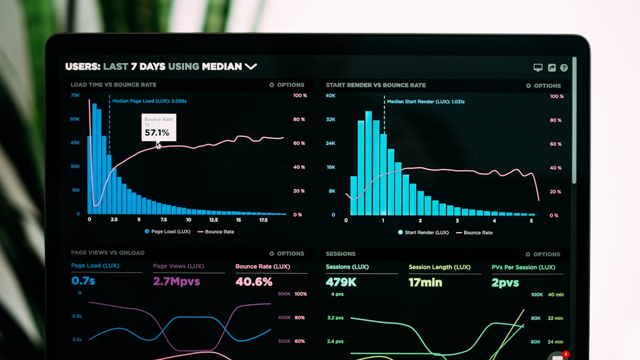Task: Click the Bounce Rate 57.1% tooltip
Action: [158, 128]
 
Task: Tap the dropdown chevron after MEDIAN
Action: [251, 67]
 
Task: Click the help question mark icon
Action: [564, 68]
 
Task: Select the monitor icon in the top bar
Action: [538, 68]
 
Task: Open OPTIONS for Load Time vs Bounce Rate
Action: [287, 85]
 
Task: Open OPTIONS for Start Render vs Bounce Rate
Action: [543, 86]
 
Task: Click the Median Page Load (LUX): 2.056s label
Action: [149, 101]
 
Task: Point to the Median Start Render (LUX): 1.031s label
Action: [426, 102]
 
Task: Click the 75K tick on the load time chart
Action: [75, 95]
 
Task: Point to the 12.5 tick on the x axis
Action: [213, 220]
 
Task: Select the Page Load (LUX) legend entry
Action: [167, 232]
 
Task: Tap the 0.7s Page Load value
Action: [83, 281]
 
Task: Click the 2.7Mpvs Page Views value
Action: [177, 281]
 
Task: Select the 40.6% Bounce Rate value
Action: [254, 282]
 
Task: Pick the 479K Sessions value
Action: [341, 282]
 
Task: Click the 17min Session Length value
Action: [426, 283]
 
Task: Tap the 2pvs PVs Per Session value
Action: [505, 283]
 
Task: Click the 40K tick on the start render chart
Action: [331, 96]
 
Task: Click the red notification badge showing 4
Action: [566, 354]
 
